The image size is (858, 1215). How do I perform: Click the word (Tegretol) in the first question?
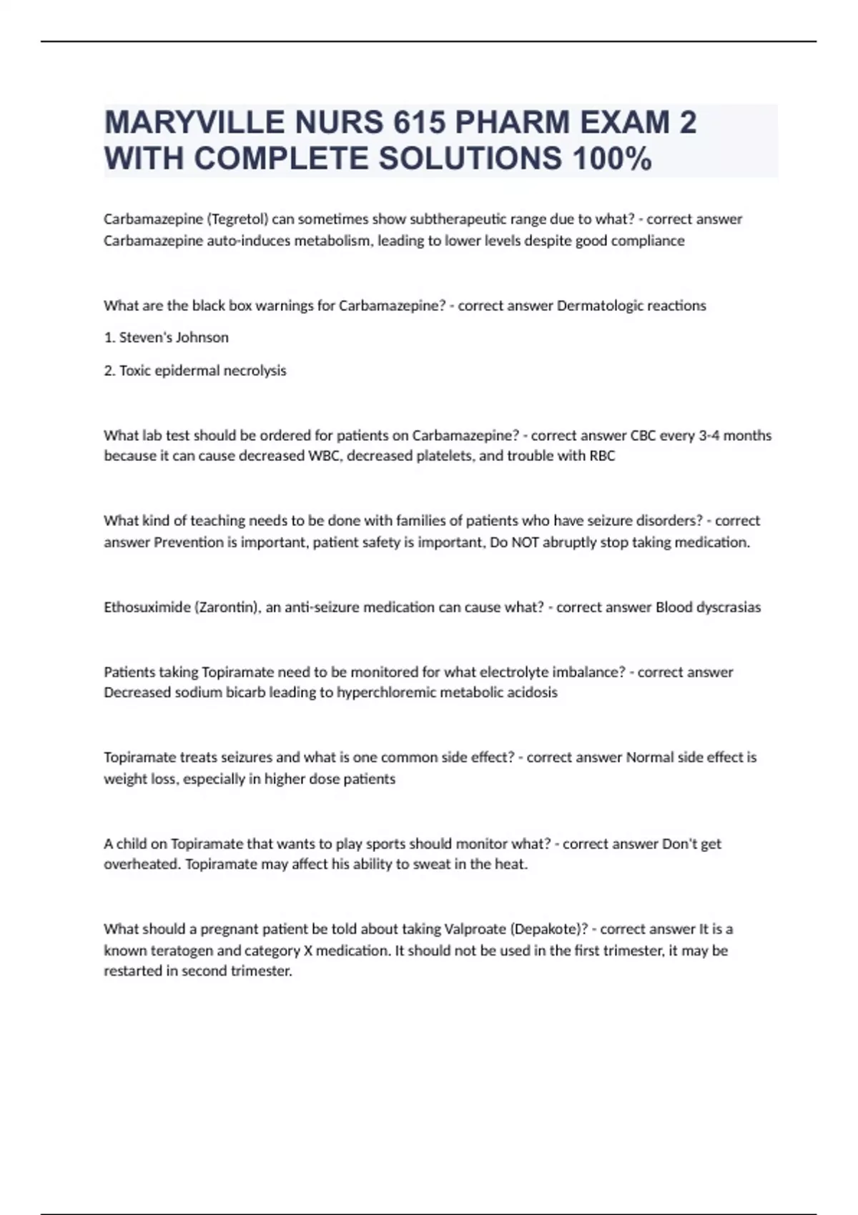pyautogui.click(x=237, y=219)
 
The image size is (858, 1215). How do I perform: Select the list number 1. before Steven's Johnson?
pyautogui.click(x=109, y=337)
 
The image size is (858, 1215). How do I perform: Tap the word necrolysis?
pyautogui.click(x=255, y=370)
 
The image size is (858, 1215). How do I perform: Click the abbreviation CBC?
pyautogui.click(x=643, y=435)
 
